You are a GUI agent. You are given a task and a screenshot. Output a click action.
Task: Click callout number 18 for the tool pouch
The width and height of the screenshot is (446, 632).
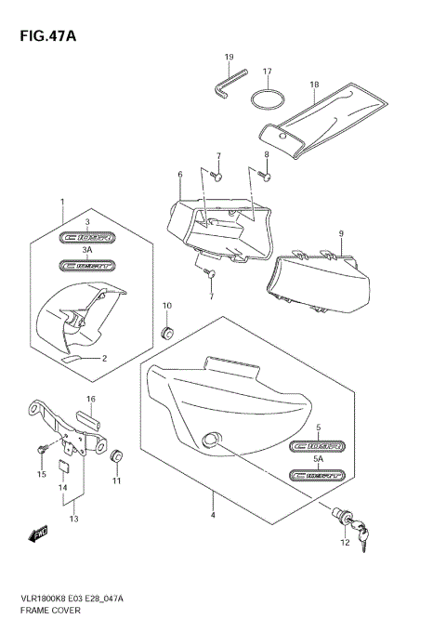(314, 85)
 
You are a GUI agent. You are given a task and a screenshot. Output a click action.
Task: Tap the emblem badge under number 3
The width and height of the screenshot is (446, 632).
(86, 238)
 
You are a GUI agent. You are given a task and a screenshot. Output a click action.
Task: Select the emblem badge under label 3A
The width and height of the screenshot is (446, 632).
(86, 265)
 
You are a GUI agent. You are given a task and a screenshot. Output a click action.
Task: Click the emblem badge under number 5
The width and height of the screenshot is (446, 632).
(317, 446)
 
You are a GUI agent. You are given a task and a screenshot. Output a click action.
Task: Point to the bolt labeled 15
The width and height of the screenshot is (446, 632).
(42, 448)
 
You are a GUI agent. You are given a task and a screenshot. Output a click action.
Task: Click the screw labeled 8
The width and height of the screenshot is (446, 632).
(265, 171)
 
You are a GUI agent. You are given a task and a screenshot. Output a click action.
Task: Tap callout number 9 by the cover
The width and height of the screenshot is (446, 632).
(342, 232)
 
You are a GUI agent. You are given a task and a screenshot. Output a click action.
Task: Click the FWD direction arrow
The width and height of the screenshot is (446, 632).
(40, 533)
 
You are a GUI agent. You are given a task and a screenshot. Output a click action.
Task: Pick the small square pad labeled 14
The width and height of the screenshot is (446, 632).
(63, 468)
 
